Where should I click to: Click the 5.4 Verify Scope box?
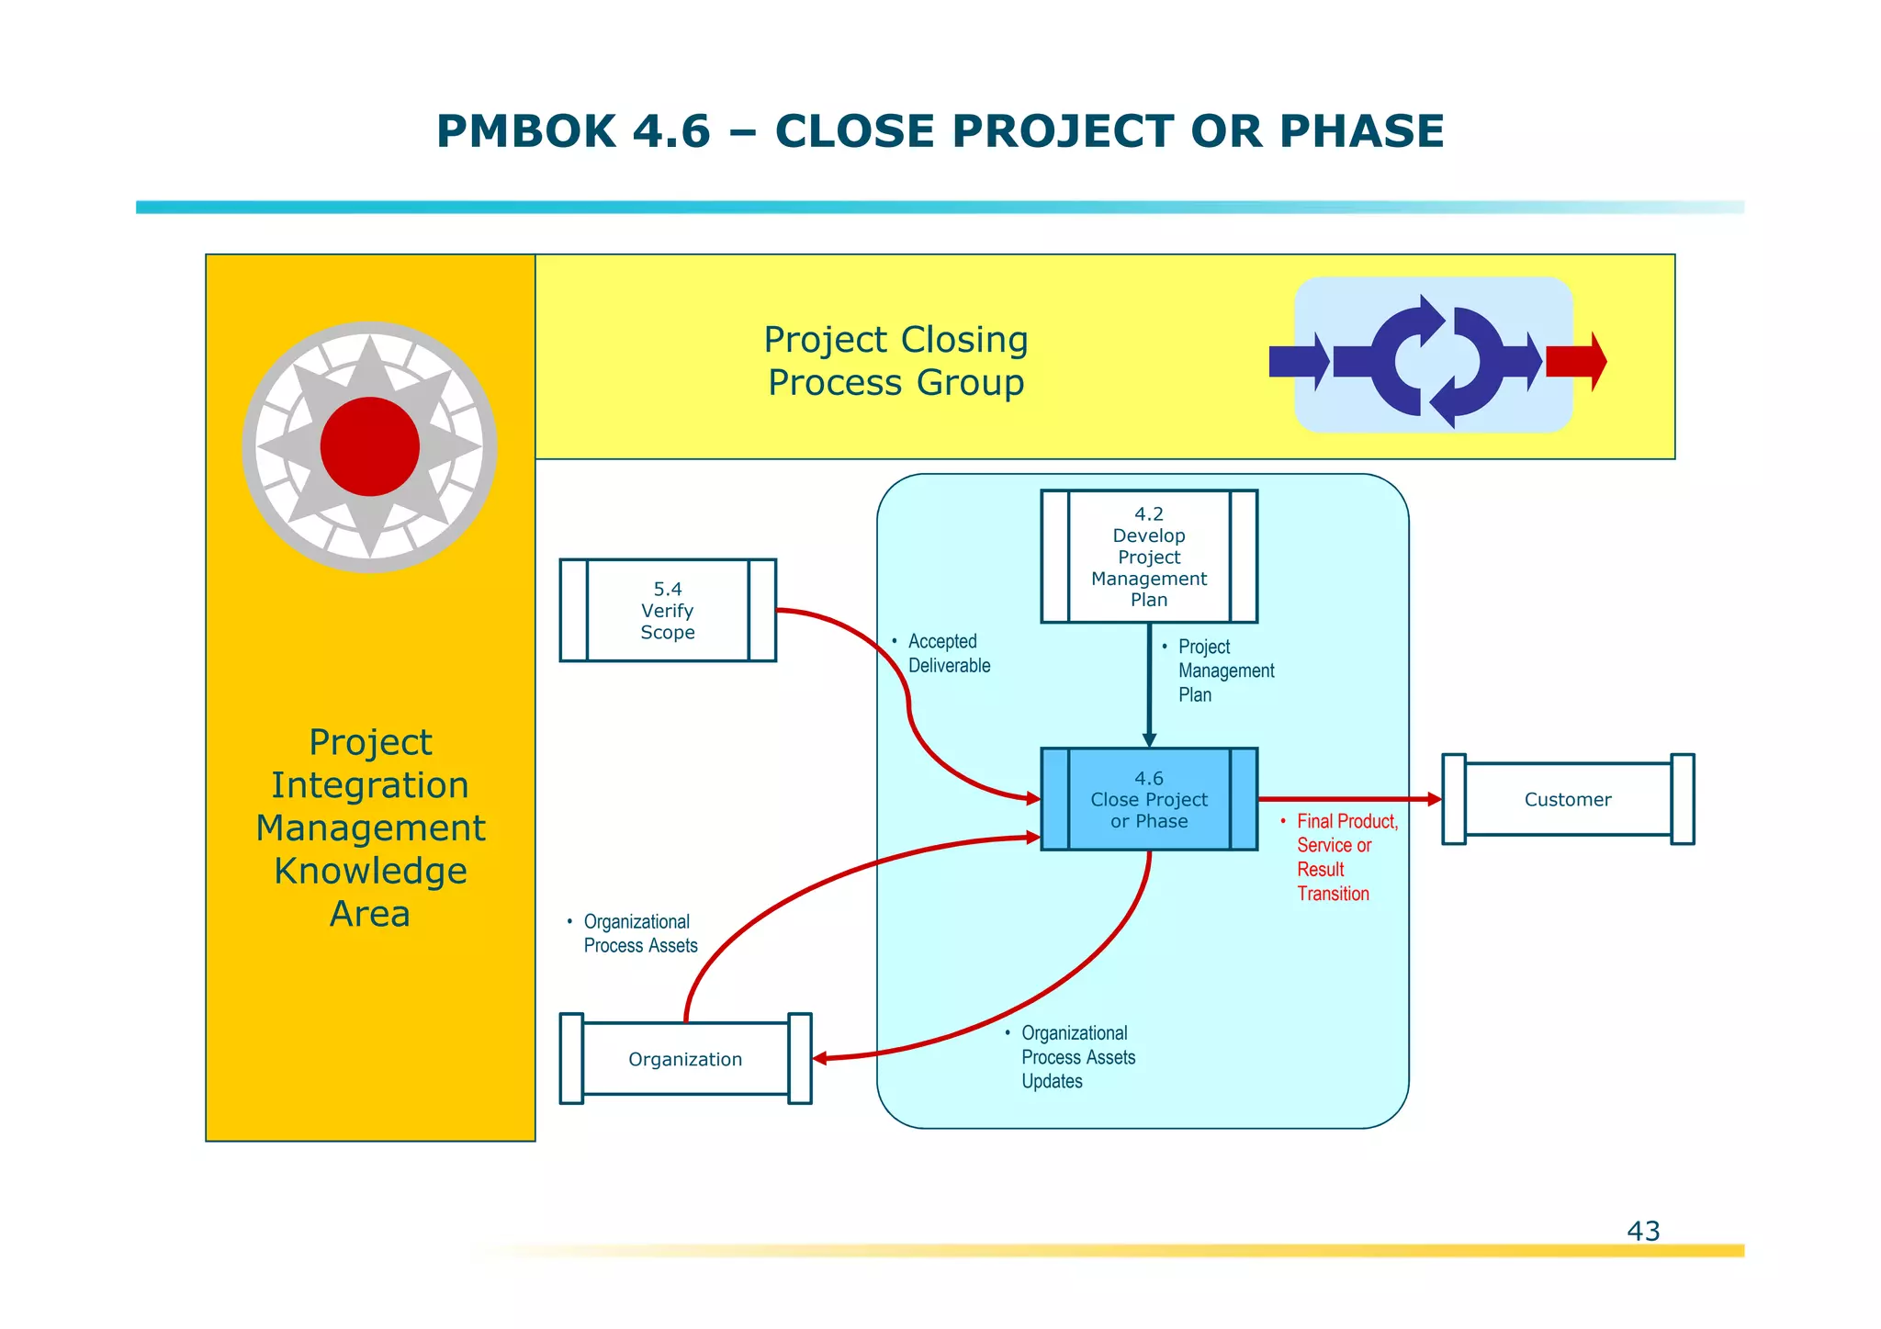[668, 610]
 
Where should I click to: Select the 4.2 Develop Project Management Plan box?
[1148, 557]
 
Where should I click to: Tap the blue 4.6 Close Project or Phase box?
[1148, 799]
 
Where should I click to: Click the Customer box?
[1567, 799]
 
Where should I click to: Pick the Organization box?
[685, 1059]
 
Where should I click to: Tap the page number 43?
[1643, 1231]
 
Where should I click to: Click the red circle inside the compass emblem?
[370, 447]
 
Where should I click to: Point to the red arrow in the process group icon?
[1575, 361]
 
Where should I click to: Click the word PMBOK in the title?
[526, 131]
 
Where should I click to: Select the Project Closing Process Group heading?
[895, 361]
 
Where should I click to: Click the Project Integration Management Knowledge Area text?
[370, 828]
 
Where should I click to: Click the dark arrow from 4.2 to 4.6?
[1149, 684]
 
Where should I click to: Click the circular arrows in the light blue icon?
[1437, 361]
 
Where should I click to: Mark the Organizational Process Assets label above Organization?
[638, 933]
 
